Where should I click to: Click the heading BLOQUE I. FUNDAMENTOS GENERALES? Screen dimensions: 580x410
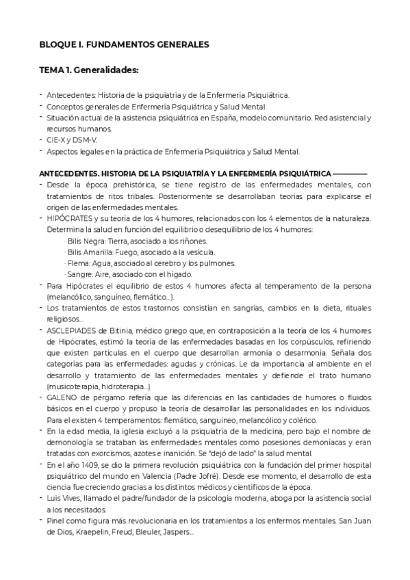click(123, 45)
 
